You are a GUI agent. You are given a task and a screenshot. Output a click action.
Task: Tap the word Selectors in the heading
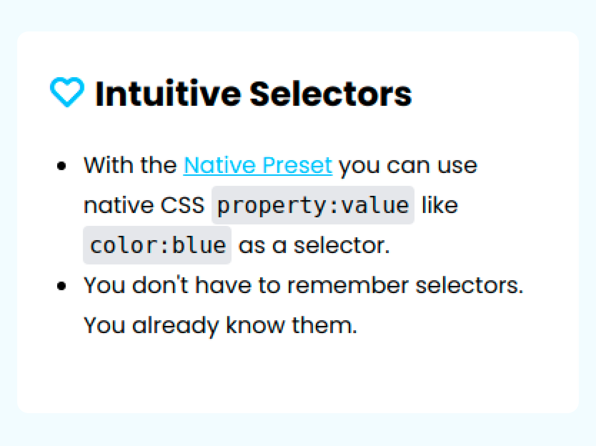[331, 93]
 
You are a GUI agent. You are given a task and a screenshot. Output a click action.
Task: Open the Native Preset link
[258, 165]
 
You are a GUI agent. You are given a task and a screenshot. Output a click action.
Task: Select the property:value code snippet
[313, 205]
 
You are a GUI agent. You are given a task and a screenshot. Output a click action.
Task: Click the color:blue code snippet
[157, 245]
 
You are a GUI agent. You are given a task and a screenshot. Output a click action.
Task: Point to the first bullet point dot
[61, 166]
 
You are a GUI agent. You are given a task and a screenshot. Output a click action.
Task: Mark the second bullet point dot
[61, 286]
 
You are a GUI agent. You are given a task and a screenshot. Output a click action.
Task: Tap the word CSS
[182, 205]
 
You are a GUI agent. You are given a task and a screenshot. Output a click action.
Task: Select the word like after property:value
[440, 205]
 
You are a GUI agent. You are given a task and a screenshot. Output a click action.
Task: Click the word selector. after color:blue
[342, 245]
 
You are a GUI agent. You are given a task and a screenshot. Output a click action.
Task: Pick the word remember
[348, 285]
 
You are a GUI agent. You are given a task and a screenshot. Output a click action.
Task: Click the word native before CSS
[119, 205]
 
